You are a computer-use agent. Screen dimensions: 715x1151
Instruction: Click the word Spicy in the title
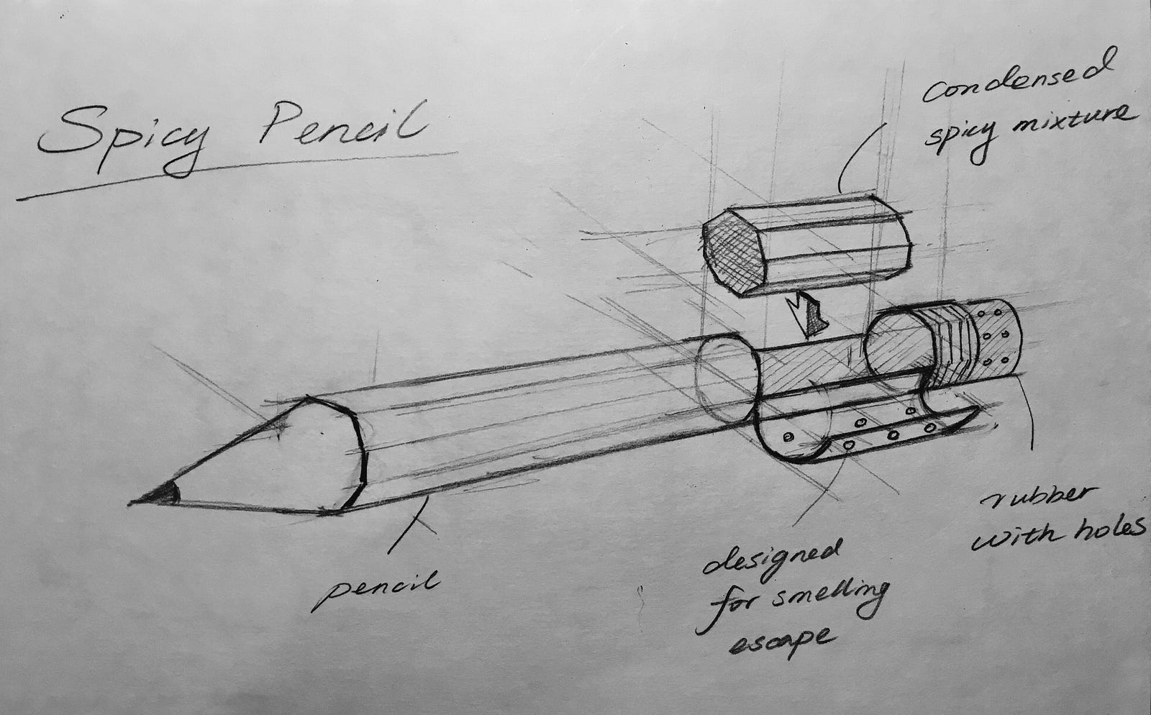(x=119, y=138)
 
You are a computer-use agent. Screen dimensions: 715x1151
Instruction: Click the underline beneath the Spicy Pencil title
(x=237, y=174)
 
